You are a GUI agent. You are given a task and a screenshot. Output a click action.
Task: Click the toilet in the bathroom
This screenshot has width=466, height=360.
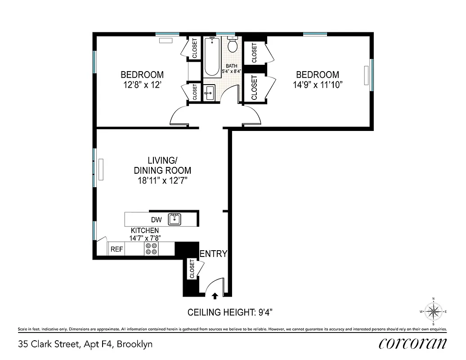pos(233,45)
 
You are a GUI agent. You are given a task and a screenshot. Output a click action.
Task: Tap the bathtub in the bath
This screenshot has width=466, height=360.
pos(212,57)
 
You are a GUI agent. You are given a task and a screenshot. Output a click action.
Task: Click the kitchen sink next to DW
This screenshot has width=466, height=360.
pos(174,219)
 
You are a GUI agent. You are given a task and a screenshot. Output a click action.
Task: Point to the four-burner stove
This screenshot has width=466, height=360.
pos(151,249)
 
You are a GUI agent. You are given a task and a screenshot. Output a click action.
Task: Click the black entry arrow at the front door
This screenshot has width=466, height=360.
pos(215,296)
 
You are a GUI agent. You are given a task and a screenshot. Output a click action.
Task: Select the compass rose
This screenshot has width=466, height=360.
pos(433,311)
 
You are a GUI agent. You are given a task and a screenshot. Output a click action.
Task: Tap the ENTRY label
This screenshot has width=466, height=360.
pos(213,254)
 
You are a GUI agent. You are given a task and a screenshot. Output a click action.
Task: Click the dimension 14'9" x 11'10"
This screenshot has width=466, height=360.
pos(317,85)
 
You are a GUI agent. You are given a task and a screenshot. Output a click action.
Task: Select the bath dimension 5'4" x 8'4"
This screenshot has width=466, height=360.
pos(232,71)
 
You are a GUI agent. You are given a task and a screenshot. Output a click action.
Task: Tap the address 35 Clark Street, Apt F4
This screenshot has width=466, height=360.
pos(85,345)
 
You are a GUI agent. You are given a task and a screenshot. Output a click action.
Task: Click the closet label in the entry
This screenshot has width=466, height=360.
pos(192,269)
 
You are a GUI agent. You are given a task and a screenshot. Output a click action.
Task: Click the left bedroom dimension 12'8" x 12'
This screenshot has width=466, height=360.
pos(142,85)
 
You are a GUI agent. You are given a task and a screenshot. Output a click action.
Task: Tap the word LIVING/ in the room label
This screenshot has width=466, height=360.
pos(162,161)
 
